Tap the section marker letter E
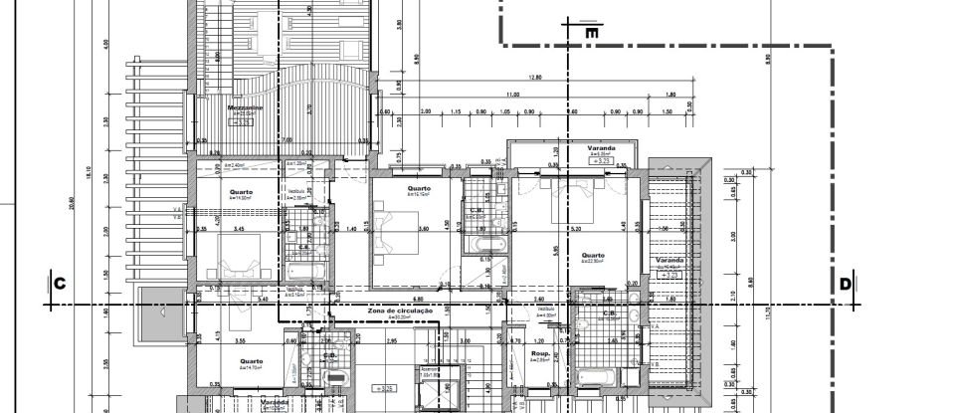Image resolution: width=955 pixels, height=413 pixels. (x=592, y=33)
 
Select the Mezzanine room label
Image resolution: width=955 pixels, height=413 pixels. (x=245, y=107)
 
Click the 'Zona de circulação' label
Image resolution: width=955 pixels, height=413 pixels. (x=400, y=310)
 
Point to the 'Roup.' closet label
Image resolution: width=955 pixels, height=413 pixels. (x=541, y=353)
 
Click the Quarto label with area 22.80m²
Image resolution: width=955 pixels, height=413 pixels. (x=594, y=255)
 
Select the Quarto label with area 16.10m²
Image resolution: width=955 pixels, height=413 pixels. (x=419, y=188)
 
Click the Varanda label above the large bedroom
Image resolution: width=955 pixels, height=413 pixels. (x=601, y=148)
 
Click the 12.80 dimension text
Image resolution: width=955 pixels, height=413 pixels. (x=535, y=78)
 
